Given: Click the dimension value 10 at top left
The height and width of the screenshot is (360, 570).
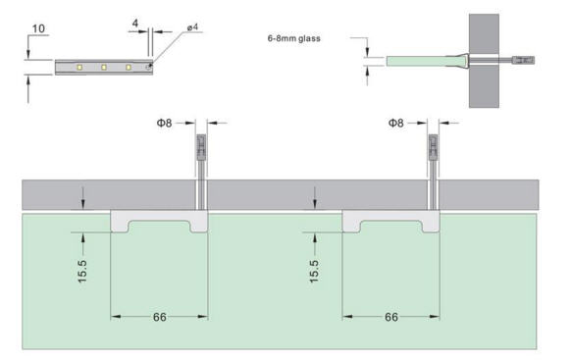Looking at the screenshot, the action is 38,28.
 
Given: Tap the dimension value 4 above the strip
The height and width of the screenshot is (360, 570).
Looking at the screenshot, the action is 135,24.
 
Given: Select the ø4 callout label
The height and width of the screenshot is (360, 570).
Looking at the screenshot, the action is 192,27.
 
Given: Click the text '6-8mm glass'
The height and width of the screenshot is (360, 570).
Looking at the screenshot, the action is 293,38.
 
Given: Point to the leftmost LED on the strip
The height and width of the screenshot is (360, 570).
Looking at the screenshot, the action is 79,67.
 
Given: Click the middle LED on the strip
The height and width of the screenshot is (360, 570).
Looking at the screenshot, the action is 104,67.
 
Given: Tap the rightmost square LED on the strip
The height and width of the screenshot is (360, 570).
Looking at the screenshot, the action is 129,67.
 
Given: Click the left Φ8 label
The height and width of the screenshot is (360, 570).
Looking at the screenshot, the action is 164,123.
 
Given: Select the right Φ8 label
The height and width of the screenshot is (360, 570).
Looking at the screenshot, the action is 396,123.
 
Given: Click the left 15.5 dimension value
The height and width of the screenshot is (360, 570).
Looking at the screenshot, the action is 82,271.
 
